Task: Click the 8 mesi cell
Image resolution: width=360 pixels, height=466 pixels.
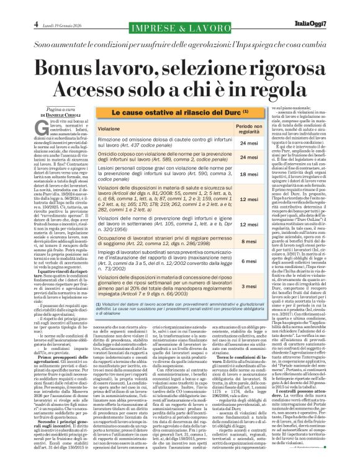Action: pyautogui.click(x=231, y=241)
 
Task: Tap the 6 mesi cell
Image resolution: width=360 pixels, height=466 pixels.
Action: pyautogui.click(x=231, y=262)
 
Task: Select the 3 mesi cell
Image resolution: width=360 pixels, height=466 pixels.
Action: pyautogui.click(x=231, y=287)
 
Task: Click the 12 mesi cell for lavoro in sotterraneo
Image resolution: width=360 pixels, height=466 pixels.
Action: pyautogui.click(x=231, y=224)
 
